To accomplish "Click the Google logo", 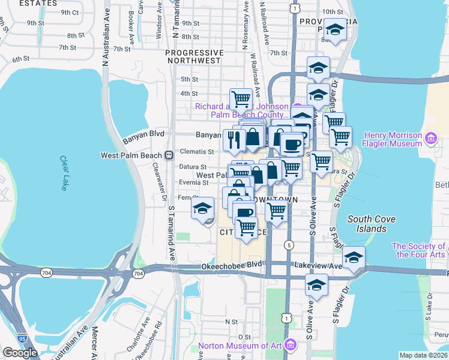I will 20,353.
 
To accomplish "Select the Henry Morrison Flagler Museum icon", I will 430,139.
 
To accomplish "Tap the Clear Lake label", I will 64,173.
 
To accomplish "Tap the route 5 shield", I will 289,245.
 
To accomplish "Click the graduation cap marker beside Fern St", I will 203,209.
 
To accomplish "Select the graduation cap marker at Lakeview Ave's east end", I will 354,257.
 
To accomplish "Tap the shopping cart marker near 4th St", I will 241,98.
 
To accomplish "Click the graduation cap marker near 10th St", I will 334,28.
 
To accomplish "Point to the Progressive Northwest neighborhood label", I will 194,56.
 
